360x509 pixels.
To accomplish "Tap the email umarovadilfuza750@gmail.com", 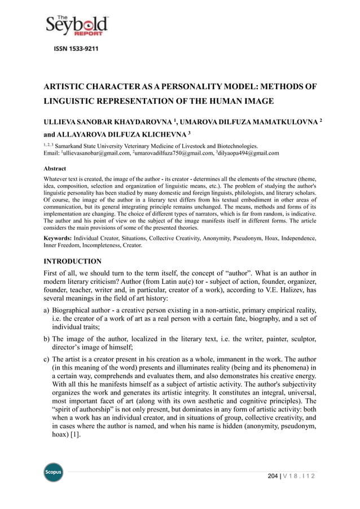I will tap(173, 152).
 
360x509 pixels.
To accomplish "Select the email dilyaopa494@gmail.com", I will tap(248, 152).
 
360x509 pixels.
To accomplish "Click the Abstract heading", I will tap(55, 168).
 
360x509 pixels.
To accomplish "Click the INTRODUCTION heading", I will tap(73, 261).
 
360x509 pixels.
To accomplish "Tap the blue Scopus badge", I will tap(54, 472).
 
